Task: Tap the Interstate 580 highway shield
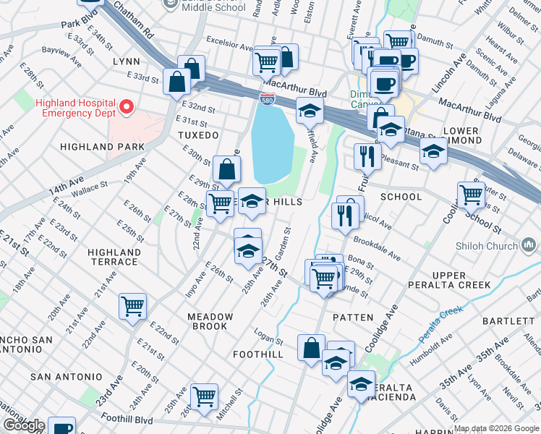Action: coord(267,98)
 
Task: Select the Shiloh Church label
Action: coord(487,246)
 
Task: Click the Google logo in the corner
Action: coord(24,425)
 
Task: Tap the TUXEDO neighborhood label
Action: coord(198,135)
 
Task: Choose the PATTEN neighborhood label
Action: coord(353,318)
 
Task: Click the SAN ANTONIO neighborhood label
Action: coord(67,377)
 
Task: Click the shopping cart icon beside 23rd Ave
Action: coord(133,306)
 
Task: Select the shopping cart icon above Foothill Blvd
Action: coord(205,396)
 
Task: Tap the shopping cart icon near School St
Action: coord(471,194)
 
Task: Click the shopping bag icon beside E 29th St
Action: coord(227,170)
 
